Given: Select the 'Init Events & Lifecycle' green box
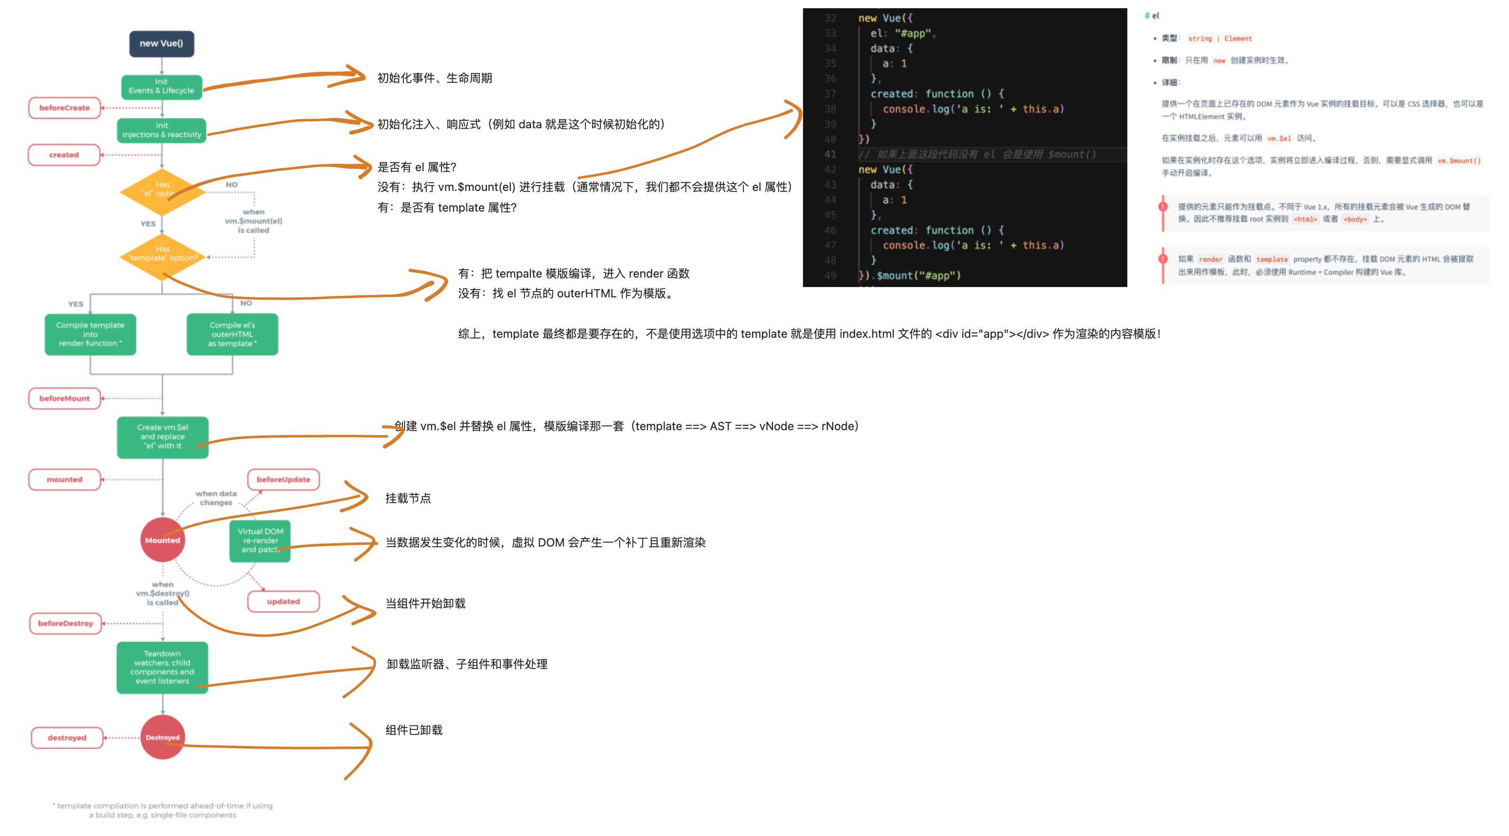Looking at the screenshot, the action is coord(162,87).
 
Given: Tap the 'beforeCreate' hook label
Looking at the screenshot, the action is coord(64,108).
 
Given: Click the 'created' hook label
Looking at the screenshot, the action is coord(64,155).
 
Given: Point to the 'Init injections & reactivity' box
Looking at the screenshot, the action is coord(162,130).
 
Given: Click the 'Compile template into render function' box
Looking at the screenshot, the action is coord(90,334).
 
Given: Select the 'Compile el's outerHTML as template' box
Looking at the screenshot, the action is coord(232,334).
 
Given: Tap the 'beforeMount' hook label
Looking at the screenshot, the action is coord(64,398).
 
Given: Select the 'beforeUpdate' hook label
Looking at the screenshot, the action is coord(284,479).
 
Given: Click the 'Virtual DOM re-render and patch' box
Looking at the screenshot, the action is coord(260,541).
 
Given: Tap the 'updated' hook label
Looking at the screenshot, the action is coord(284,602).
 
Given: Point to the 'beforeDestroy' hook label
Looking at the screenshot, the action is coord(66,623).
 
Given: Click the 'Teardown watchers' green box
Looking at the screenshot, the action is coord(162,667).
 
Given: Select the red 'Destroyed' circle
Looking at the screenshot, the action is coord(162,737).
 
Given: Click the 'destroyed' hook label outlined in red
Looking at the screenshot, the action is coord(67,737).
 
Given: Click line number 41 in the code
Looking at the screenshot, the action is coord(830,155).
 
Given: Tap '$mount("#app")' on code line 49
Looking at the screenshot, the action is coord(918,276).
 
